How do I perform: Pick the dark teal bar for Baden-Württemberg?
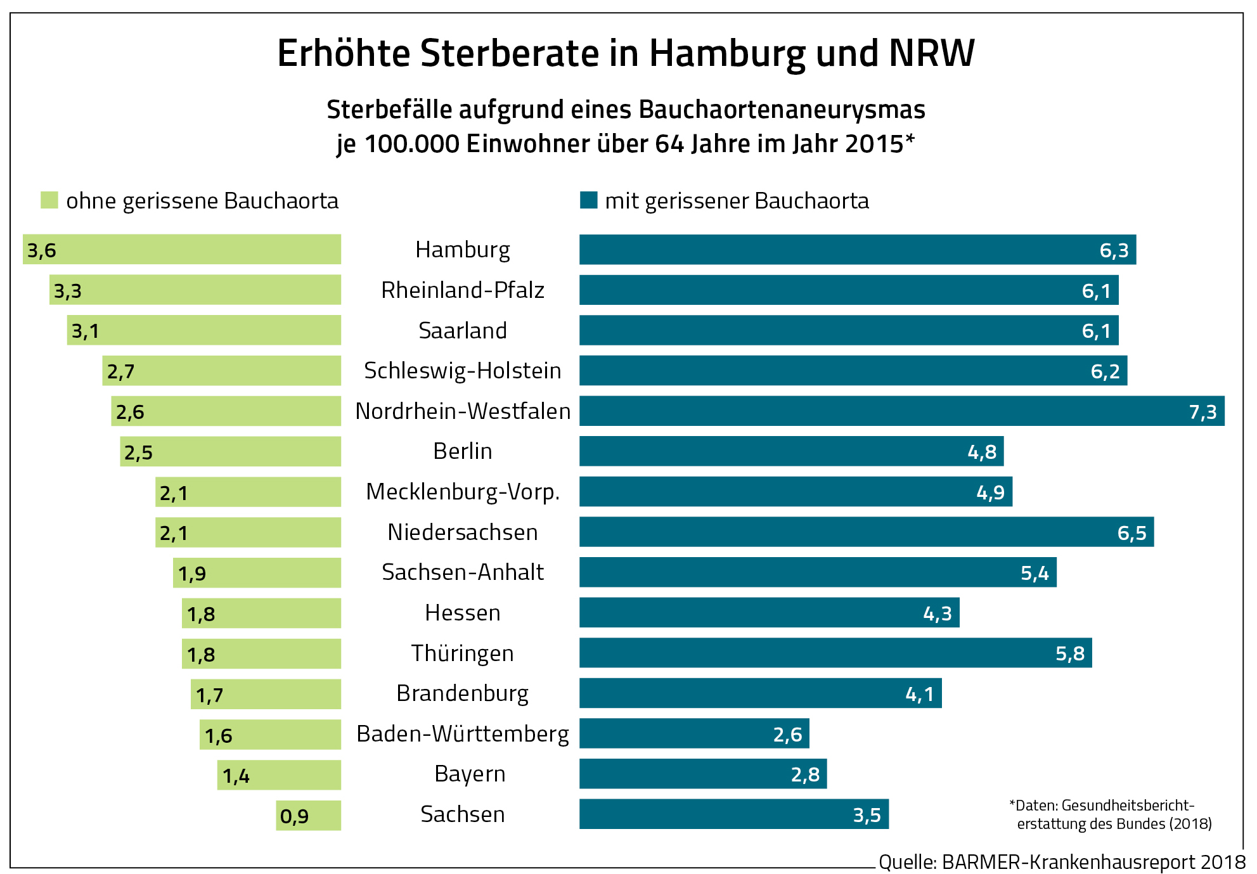click(x=694, y=733)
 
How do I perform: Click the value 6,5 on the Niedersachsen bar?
click(x=1131, y=533)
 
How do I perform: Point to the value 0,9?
click(x=294, y=816)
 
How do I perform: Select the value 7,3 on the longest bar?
click(x=1202, y=412)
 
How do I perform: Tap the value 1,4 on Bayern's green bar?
click(x=236, y=776)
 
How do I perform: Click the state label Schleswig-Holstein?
click(x=462, y=371)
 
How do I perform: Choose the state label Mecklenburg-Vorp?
click(x=462, y=492)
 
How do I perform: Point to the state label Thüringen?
click(x=462, y=653)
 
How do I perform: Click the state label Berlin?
click(x=462, y=451)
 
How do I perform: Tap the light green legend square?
click(x=49, y=200)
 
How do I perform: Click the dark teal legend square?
click(x=588, y=200)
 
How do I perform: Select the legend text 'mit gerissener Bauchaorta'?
click(x=737, y=201)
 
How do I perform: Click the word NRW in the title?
click(x=931, y=53)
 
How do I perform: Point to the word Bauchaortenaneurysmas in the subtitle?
click(x=782, y=110)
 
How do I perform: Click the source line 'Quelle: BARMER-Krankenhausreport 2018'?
click(x=1062, y=862)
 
